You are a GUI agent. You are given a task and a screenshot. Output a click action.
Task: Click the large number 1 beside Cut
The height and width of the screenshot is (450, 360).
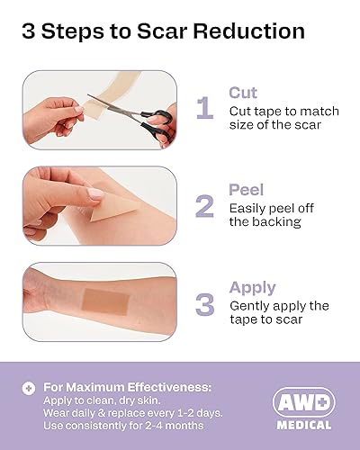click(x=204, y=108)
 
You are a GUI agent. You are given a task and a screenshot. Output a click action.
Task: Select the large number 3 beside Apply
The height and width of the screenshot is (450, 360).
click(x=204, y=302)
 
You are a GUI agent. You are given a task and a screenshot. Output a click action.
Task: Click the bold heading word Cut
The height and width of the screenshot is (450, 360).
click(x=244, y=93)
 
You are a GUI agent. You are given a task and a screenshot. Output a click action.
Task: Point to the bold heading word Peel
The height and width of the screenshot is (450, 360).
click(x=247, y=190)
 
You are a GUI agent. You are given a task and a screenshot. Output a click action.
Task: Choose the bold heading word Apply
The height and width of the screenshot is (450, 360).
click(x=252, y=288)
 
